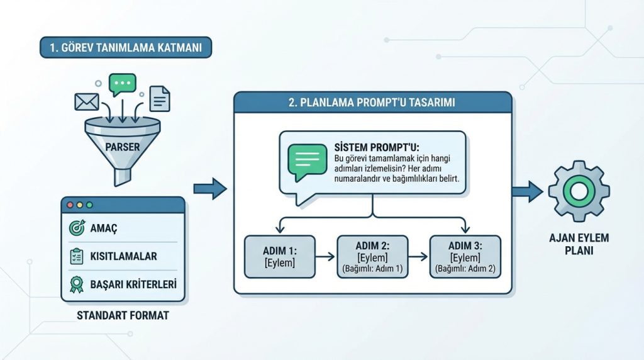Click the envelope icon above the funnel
point(87,102)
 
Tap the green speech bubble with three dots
point(123,84)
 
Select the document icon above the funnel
point(160,99)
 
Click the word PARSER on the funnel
point(123,147)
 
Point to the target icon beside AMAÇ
point(77,228)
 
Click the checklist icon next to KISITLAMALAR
point(76,256)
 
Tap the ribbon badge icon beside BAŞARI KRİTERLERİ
point(76,284)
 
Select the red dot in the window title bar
point(70,205)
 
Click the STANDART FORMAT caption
point(123,315)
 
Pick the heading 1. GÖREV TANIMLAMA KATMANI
point(126,48)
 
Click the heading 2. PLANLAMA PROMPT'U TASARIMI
point(372,103)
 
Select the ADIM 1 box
point(280,257)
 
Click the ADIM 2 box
point(372,257)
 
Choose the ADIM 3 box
point(465,257)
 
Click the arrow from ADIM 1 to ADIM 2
point(326,257)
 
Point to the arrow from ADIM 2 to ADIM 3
point(418,257)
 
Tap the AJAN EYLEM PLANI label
point(579,244)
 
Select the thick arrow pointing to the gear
point(528,192)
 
